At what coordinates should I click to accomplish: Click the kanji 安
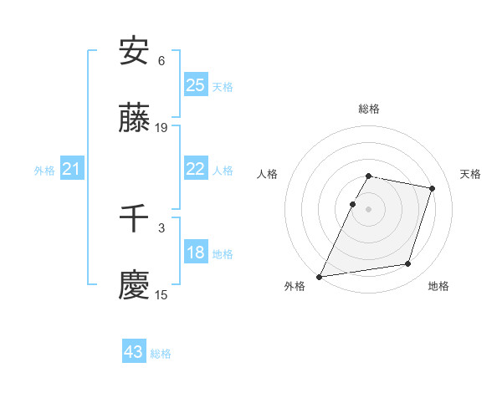tap(135, 52)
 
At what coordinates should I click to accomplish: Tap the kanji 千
tap(135, 218)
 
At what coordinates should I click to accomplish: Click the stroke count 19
tap(161, 128)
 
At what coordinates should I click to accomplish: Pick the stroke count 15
tap(161, 294)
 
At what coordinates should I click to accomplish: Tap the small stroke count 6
tap(161, 60)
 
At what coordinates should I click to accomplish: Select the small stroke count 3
tap(161, 227)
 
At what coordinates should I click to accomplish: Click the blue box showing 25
tap(195, 85)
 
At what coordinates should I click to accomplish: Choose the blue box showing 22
tap(195, 169)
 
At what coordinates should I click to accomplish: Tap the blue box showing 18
tap(195, 253)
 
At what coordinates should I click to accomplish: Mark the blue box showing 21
tap(71, 170)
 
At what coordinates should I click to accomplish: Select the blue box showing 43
tap(134, 352)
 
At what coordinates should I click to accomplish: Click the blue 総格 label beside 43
tap(161, 354)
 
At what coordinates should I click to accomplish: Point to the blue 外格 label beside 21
tap(44, 171)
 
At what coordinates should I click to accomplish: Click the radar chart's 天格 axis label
tap(470, 174)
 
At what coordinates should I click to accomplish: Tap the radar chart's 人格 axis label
tap(268, 174)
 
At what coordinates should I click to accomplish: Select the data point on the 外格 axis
tap(320, 276)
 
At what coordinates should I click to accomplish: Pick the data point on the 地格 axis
tap(408, 264)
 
